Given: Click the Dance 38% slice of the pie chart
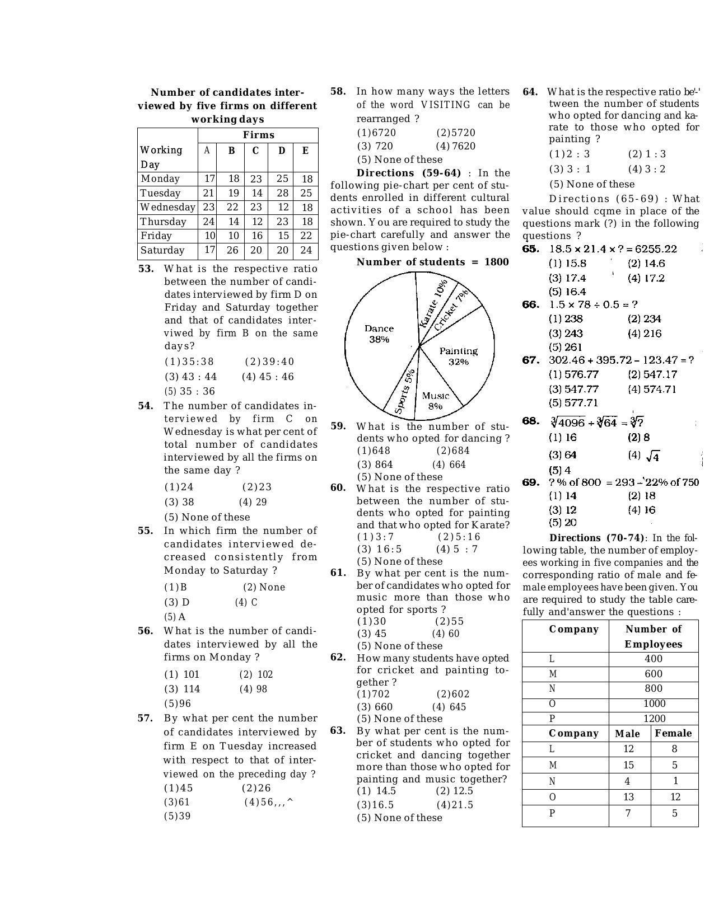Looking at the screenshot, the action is pyautogui.click(x=379, y=334).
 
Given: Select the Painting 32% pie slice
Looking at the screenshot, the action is pyautogui.click(x=458, y=356).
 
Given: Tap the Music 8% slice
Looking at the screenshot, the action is pyautogui.click(x=435, y=400).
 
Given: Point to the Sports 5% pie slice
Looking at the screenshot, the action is pyautogui.click(x=404, y=391).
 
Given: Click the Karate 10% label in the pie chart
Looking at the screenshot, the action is pyautogui.click(x=433, y=302).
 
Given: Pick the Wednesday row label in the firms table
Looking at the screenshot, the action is pyautogui.click(x=167, y=207).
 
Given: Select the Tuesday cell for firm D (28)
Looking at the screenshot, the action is pyautogui.click(x=282, y=193).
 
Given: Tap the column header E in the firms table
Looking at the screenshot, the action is pyautogui.click(x=305, y=151).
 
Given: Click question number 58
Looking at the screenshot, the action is pyautogui.click(x=338, y=91).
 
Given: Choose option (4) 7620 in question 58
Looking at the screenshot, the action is pyautogui.click(x=456, y=146).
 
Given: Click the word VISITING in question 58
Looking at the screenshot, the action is pyautogui.click(x=446, y=105).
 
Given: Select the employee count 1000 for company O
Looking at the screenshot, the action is pyautogui.click(x=654, y=703).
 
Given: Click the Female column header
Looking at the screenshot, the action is pyautogui.click(x=673, y=733).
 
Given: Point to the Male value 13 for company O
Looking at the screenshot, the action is pyautogui.click(x=628, y=797).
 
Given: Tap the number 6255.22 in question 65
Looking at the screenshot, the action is pyautogui.click(x=652, y=249).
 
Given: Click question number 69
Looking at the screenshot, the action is pyautogui.click(x=530, y=482).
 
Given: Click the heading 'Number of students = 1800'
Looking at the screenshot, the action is pyautogui.click(x=432, y=262).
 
